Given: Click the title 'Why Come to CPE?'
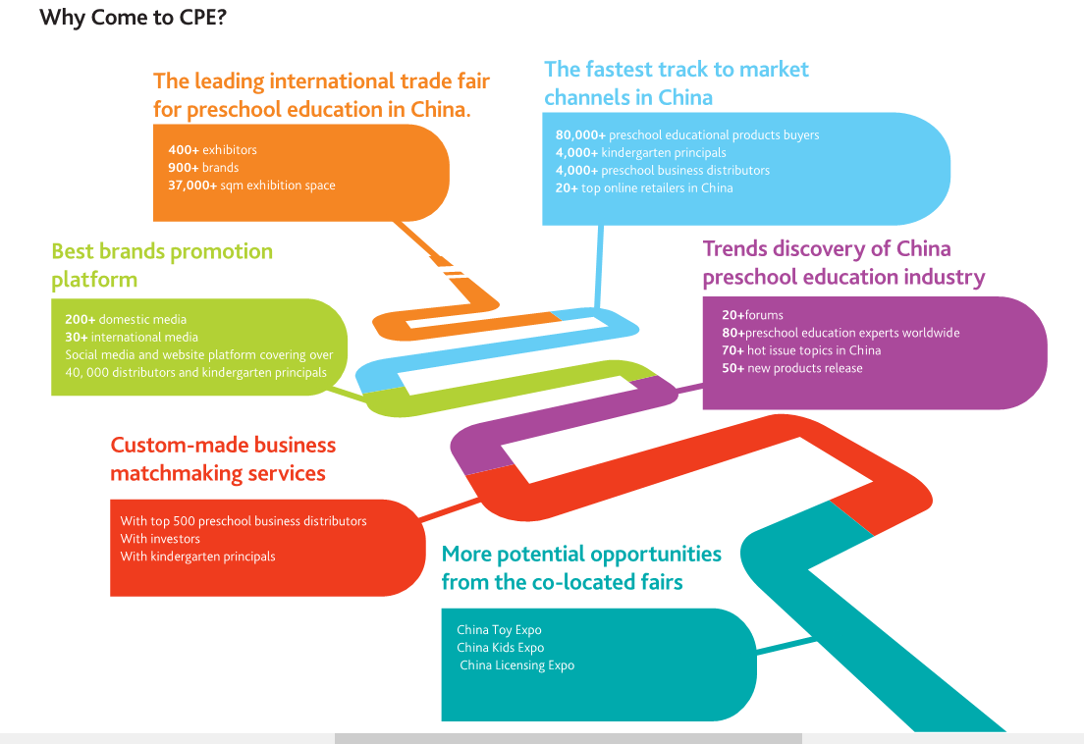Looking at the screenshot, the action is tap(133, 18).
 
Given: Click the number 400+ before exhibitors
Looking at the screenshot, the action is tap(184, 150).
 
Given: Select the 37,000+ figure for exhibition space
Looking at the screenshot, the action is tap(192, 186).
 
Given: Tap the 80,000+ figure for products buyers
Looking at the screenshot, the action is tap(580, 134).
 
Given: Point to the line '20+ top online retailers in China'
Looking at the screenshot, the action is tap(644, 187).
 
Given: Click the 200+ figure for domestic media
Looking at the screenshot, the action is tap(81, 319).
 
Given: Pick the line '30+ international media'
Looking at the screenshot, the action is tap(132, 337).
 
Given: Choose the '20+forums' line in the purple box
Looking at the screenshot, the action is tap(752, 315).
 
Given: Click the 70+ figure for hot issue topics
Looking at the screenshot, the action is tap(732, 350).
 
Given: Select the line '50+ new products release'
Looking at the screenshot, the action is tap(792, 368).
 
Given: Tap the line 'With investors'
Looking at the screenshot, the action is tap(160, 539).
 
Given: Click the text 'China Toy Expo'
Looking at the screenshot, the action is tap(499, 630).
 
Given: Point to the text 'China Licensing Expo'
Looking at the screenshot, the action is tap(517, 665).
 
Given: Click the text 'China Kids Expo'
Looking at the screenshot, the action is tap(501, 647).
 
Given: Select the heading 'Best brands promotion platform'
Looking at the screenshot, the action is tap(162, 265).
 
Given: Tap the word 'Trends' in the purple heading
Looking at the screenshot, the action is tap(734, 248).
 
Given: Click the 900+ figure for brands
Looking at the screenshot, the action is tap(184, 167).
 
